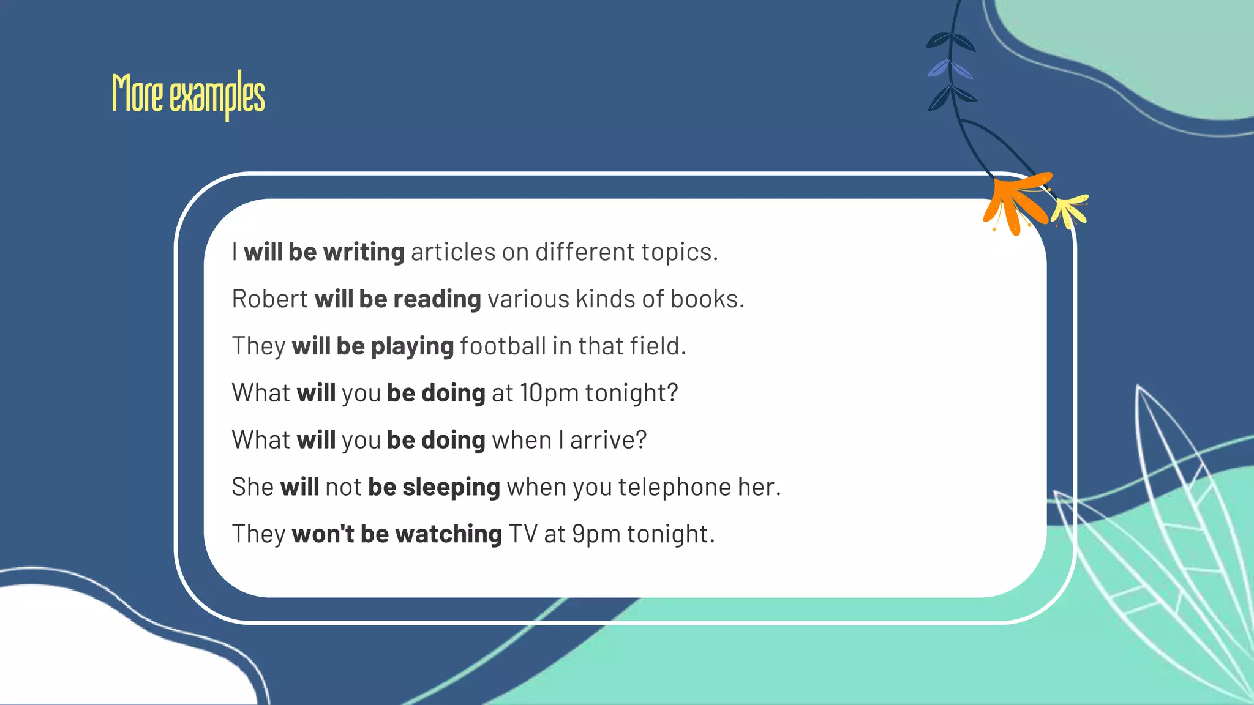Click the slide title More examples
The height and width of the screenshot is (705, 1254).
(x=188, y=95)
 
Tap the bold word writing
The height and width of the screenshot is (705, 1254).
(x=364, y=252)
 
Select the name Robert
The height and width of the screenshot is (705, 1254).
(x=269, y=299)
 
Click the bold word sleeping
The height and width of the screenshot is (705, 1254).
(x=451, y=488)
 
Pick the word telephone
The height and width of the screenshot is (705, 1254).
(x=674, y=487)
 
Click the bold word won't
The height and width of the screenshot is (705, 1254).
(x=323, y=534)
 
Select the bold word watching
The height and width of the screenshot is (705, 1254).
(x=448, y=534)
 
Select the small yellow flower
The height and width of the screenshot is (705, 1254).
(x=1070, y=210)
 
